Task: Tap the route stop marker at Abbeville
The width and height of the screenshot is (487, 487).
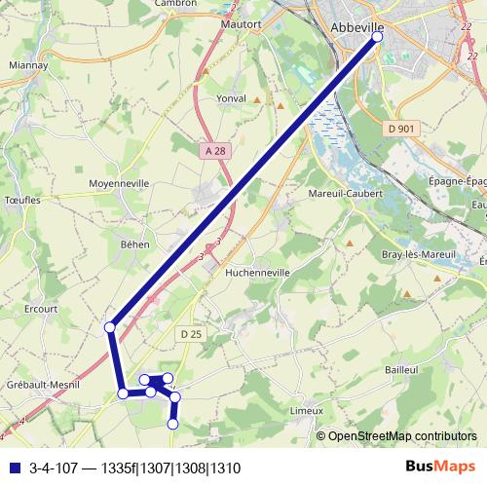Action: [x=378, y=37]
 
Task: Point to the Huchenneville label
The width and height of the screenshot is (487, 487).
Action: [x=257, y=274]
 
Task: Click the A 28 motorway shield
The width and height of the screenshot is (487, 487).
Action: [x=215, y=150]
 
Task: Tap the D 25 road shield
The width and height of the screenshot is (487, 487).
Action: [x=190, y=334]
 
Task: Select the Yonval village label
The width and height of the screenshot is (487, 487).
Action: [x=231, y=98]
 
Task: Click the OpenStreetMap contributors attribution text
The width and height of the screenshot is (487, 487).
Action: [x=402, y=435]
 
